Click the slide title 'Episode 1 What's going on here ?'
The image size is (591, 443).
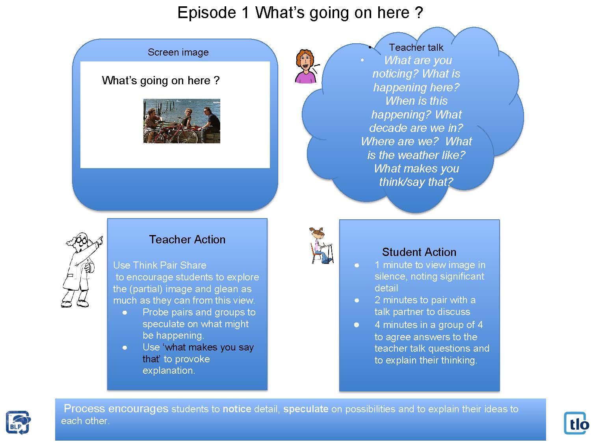point(300,13)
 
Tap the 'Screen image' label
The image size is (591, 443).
point(178,52)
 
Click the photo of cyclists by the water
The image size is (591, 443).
point(182,121)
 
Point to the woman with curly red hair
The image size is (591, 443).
point(305,66)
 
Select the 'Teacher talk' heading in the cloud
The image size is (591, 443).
point(416,48)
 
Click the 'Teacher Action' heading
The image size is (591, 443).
point(187,239)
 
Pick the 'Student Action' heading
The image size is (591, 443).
point(419,252)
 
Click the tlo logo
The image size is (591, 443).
point(576,423)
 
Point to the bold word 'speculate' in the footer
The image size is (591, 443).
point(306,409)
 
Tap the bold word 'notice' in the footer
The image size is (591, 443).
point(237,409)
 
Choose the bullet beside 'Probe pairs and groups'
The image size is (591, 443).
point(125,313)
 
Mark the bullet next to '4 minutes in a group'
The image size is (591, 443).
point(357,325)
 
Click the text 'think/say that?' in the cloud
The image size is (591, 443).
point(416,182)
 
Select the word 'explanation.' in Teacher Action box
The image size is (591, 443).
point(169,371)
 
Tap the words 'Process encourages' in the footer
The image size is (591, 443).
point(116,409)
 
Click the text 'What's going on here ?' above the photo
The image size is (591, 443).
point(161,81)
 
